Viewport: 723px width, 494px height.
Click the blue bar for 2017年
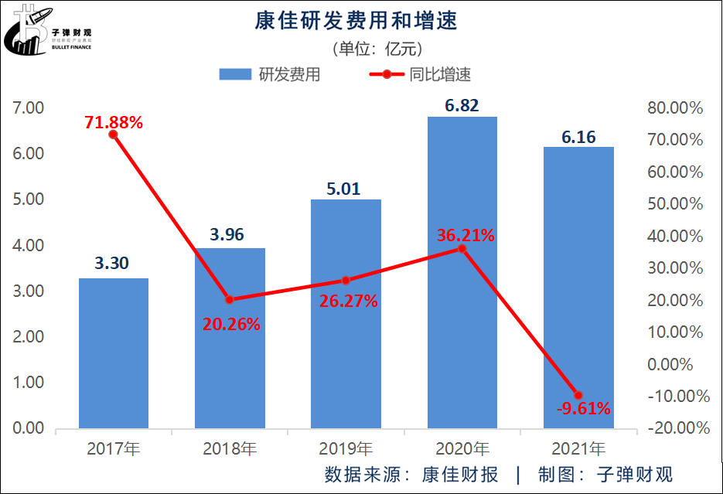[x=114, y=353]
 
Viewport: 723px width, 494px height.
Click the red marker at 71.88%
[x=114, y=135]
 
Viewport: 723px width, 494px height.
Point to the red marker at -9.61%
[x=578, y=395]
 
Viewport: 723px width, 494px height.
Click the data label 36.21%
[x=465, y=235]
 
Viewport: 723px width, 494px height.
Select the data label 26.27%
[x=348, y=301]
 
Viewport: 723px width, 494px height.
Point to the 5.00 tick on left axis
[x=29, y=199]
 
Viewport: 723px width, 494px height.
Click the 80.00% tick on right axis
[x=677, y=108]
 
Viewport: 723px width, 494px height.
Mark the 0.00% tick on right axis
[x=680, y=363]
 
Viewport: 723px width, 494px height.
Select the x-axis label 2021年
[x=578, y=448]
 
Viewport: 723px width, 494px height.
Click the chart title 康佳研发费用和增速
[x=356, y=21]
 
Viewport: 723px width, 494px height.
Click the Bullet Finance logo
[x=49, y=31]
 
